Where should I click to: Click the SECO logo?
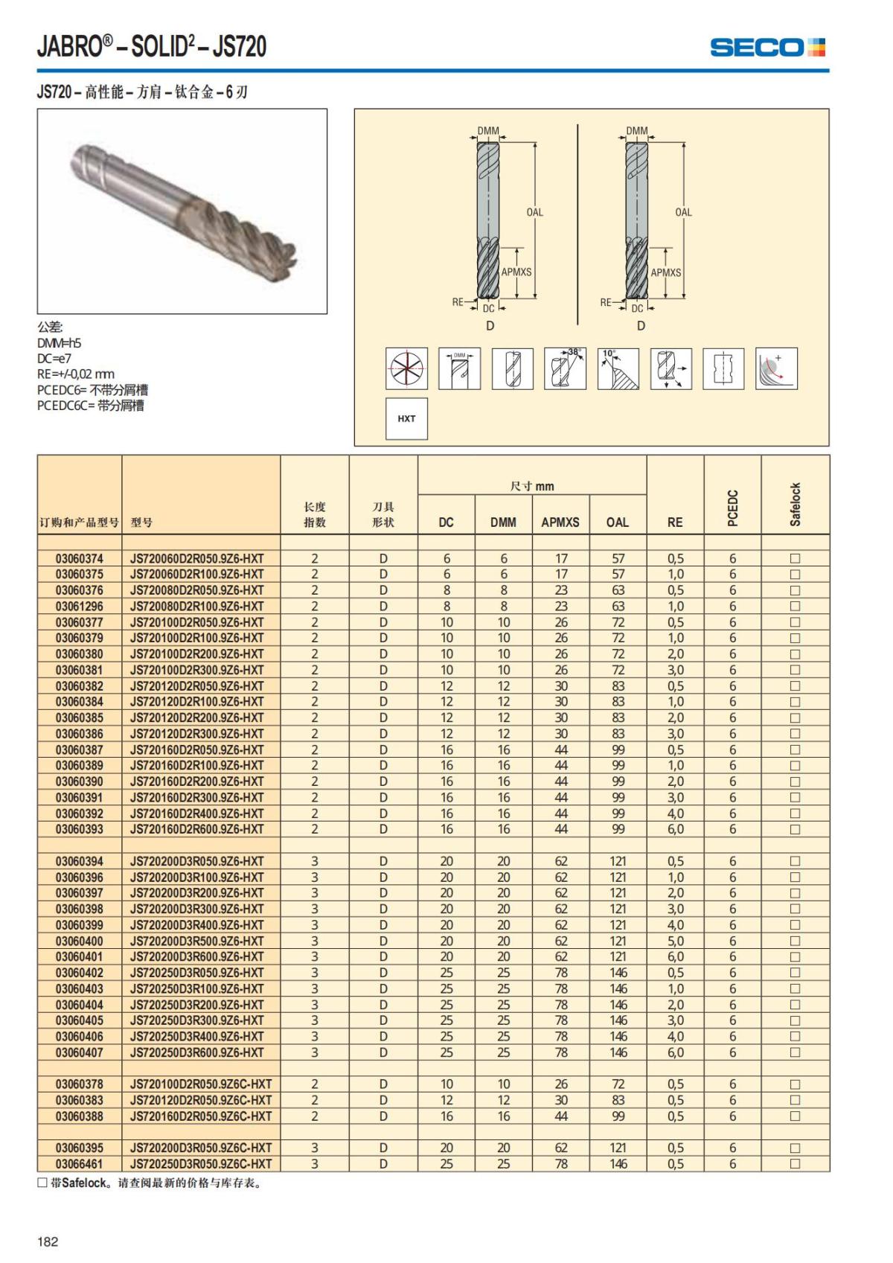click(x=767, y=48)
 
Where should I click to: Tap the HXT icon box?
click(x=406, y=419)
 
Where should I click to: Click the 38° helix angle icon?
click(x=565, y=368)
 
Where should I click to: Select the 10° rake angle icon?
click(x=618, y=368)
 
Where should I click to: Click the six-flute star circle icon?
click(x=406, y=368)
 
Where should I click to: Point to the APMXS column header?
click(x=560, y=522)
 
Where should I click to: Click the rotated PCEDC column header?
click(x=732, y=508)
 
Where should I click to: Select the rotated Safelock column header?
click(x=795, y=505)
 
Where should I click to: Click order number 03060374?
click(x=80, y=558)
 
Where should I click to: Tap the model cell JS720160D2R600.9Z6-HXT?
click(x=197, y=829)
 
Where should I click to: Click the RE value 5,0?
click(x=675, y=941)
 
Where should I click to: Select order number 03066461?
click(x=80, y=1164)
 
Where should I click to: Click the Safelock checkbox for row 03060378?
click(x=795, y=1084)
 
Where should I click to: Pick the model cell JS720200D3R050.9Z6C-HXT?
click(x=201, y=1148)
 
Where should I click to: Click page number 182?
click(x=48, y=1241)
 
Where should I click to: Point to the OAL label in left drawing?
click(x=535, y=212)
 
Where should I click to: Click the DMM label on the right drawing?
click(x=637, y=131)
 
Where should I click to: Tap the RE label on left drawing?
click(x=458, y=302)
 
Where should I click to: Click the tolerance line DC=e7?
click(x=54, y=359)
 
